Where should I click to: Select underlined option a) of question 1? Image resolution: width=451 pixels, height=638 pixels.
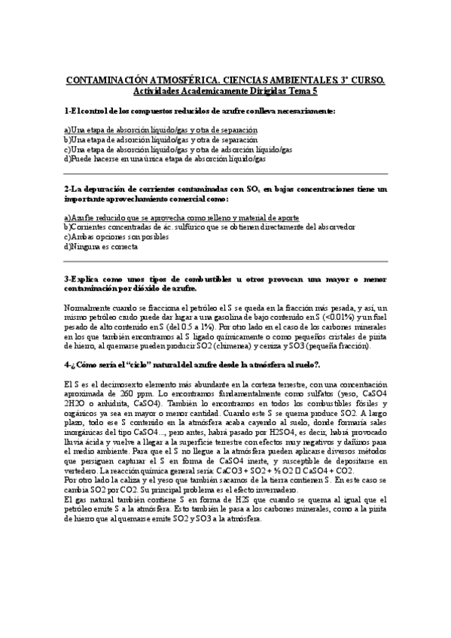pos(160,129)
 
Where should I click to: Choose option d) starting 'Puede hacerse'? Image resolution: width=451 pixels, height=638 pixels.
pos(165,158)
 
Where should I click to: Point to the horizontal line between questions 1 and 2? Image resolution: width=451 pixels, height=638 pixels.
pos(225,174)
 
